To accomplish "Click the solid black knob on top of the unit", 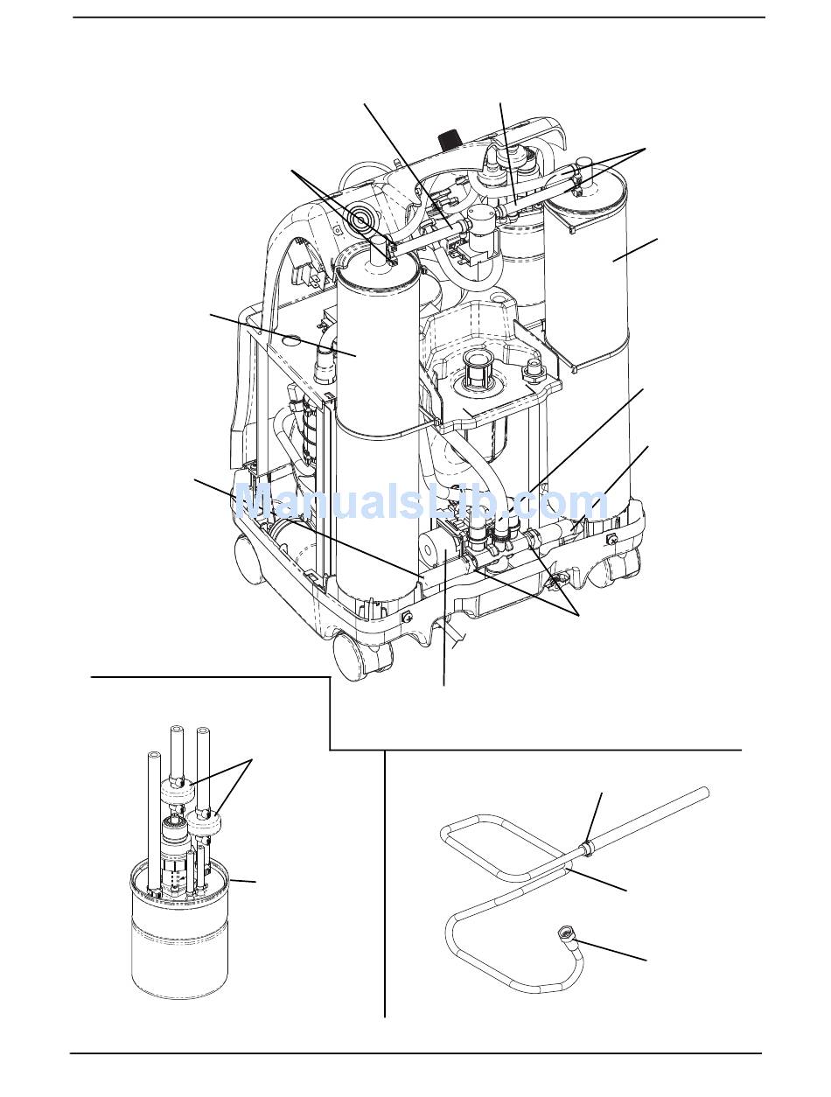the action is pyautogui.click(x=447, y=139).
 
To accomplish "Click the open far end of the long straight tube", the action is pyautogui.click(x=703, y=794).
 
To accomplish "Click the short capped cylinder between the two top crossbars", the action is pyautogui.click(x=480, y=217).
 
